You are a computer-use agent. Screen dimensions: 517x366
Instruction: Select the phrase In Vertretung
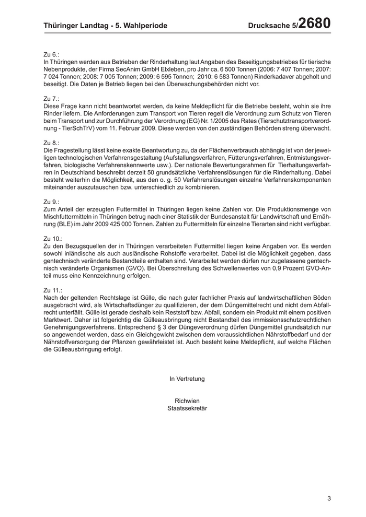point(187,379)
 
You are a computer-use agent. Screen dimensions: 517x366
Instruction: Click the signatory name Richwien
point(187,401)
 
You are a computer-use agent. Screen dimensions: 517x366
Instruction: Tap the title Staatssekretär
point(187,408)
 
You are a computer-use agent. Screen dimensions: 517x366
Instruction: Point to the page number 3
point(329,498)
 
